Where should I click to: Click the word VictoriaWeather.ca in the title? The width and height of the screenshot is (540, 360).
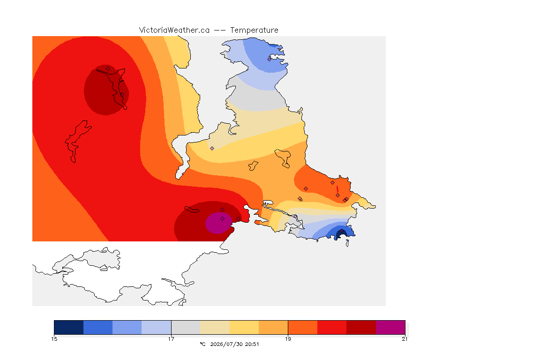174,30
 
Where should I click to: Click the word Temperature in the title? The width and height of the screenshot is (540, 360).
254,30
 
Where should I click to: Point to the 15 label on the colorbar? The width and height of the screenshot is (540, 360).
54,339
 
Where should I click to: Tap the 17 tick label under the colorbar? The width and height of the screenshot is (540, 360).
171,339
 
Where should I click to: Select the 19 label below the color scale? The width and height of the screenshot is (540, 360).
288,339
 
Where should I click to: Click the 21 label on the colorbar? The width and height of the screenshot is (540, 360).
405,339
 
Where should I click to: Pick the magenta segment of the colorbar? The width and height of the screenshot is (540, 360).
390,327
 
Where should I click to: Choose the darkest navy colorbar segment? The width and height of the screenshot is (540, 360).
69,327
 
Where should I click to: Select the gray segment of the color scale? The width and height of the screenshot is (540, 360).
186,327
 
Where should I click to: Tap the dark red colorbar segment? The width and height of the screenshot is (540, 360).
361,327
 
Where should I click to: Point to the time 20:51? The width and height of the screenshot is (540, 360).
252,344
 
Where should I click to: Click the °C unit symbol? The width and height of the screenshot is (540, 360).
202,344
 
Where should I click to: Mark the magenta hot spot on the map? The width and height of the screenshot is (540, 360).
218,223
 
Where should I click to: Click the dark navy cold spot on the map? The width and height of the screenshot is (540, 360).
341,234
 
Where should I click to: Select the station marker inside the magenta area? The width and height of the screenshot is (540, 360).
223,219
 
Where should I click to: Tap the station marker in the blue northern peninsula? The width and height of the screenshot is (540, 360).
270,59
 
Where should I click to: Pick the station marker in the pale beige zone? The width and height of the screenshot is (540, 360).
212,149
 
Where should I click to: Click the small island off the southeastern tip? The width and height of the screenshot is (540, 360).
347,243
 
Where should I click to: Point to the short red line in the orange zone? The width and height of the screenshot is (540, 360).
337,189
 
